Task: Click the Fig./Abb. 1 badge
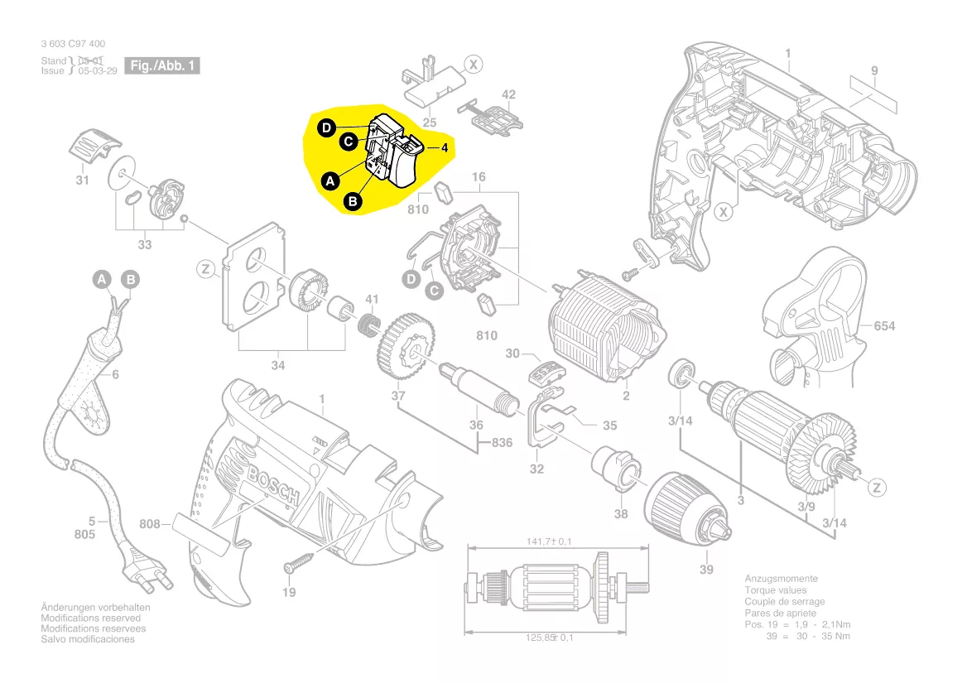tap(162, 65)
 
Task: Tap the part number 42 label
tap(508, 94)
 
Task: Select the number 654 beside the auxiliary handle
tap(884, 326)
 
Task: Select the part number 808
tap(150, 523)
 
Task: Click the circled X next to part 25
tap(473, 64)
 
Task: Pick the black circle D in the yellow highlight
tap(327, 127)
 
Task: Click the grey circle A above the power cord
tap(101, 280)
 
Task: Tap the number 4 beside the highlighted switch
tap(445, 149)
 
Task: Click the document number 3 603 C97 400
tap(73, 44)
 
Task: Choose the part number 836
tap(501, 443)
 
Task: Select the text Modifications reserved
tap(91, 618)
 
